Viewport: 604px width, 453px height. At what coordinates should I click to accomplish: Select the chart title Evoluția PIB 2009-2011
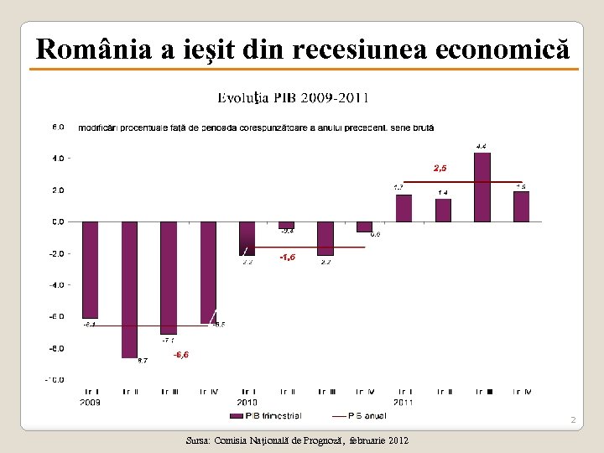pos(293,97)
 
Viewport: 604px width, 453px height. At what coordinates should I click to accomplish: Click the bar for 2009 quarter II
pos(129,289)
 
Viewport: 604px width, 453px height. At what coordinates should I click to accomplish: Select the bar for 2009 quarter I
pos(90,269)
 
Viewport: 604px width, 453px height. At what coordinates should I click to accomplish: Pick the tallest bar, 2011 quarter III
pos(482,187)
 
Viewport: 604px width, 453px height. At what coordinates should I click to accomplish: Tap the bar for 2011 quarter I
pos(404,208)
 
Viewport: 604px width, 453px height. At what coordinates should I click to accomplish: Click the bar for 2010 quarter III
pos(325,238)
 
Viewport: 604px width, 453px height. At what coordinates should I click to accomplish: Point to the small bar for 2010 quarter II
pos(286,225)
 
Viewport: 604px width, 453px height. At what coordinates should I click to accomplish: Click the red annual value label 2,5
pos(440,169)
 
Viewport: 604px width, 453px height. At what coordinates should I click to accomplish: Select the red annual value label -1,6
pos(287,258)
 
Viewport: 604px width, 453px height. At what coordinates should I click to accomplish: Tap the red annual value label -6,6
pos(180,355)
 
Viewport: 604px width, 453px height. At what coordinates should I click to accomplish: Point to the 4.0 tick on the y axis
pos(58,159)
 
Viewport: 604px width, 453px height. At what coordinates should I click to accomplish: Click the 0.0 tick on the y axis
pos(58,221)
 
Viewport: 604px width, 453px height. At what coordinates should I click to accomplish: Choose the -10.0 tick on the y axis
pos(55,379)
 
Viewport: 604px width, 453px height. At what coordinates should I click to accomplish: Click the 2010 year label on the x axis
pos(247,402)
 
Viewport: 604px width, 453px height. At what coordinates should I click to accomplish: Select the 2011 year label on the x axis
pos(405,402)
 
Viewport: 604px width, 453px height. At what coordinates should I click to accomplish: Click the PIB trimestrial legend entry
pos(266,414)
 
